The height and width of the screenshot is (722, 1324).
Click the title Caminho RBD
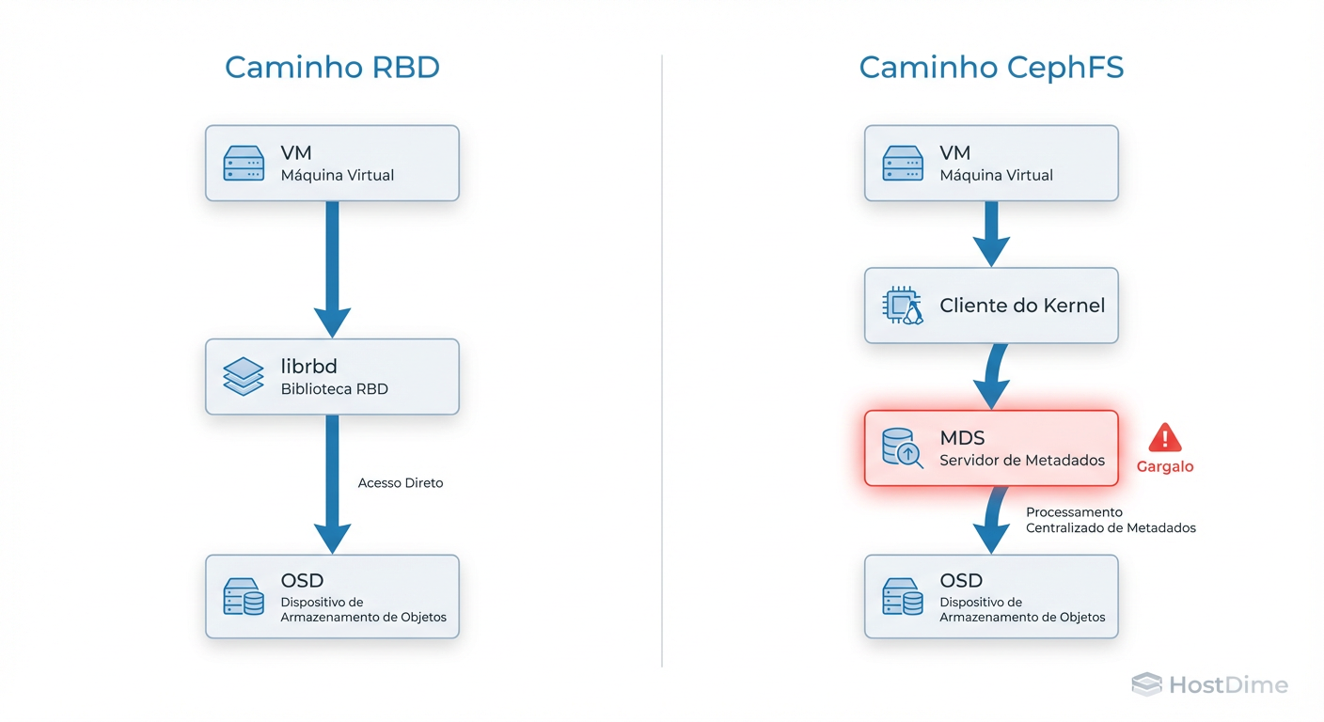[332, 68]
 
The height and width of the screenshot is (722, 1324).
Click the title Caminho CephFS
[991, 68]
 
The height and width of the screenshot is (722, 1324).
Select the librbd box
[332, 377]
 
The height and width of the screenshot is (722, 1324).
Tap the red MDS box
[991, 448]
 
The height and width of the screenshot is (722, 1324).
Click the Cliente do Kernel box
[991, 306]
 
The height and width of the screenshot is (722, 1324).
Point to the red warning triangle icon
[1165, 437]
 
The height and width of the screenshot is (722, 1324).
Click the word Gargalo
[1165, 466]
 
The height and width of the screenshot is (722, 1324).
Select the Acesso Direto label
[401, 483]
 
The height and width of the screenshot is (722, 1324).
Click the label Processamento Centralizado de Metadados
[1110, 520]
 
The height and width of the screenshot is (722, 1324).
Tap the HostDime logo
[1209, 684]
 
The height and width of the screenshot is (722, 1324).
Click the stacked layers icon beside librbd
[244, 376]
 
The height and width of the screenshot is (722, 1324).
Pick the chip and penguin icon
[903, 306]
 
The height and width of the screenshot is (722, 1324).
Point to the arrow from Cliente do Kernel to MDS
[993, 376]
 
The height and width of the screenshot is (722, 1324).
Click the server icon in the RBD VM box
[244, 164]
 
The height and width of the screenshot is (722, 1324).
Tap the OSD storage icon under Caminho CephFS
[903, 596]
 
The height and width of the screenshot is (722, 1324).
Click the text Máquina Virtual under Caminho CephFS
[996, 175]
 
